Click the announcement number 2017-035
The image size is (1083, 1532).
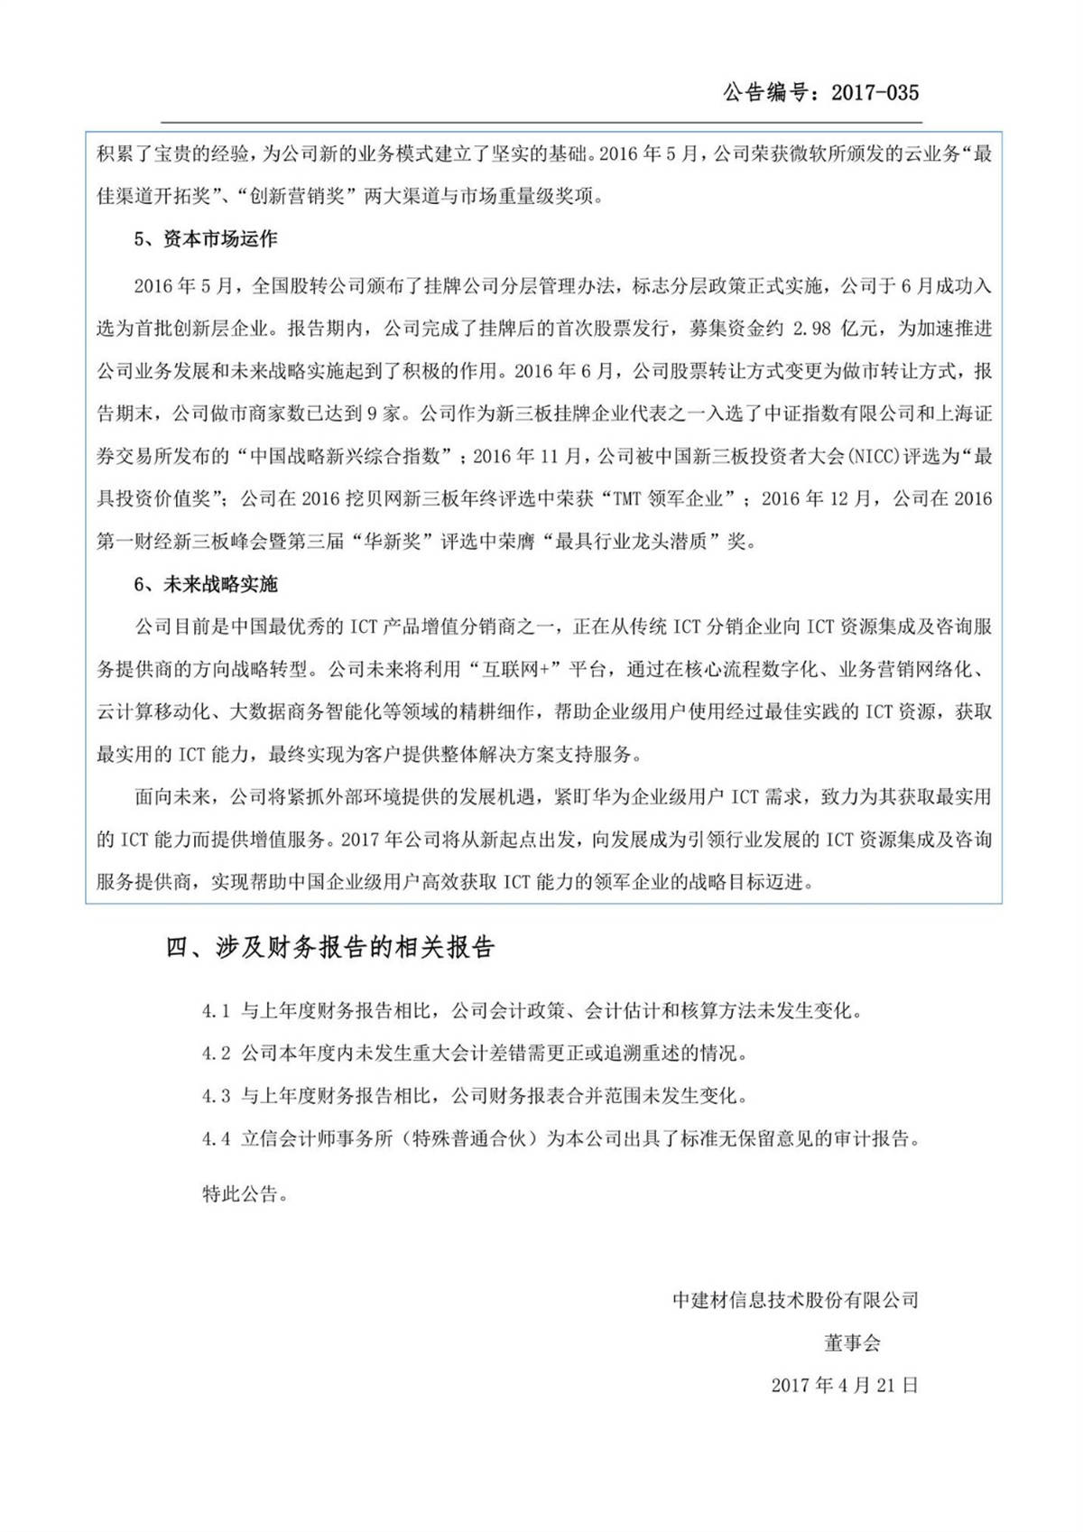click(874, 92)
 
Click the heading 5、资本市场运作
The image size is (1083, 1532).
click(206, 239)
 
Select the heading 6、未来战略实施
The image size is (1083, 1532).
click(206, 584)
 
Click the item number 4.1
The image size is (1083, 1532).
click(217, 1011)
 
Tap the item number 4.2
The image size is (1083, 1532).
click(217, 1054)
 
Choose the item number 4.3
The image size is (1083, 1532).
click(217, 1096)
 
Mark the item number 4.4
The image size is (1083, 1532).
click(217, 1139)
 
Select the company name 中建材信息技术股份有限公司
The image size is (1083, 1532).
click(795, 1300)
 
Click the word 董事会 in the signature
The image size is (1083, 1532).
click(851, 1342)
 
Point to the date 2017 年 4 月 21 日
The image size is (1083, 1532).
click(845, 1385)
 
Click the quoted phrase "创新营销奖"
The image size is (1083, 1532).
click(295, 196)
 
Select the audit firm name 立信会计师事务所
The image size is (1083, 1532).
click(316, 1139)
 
